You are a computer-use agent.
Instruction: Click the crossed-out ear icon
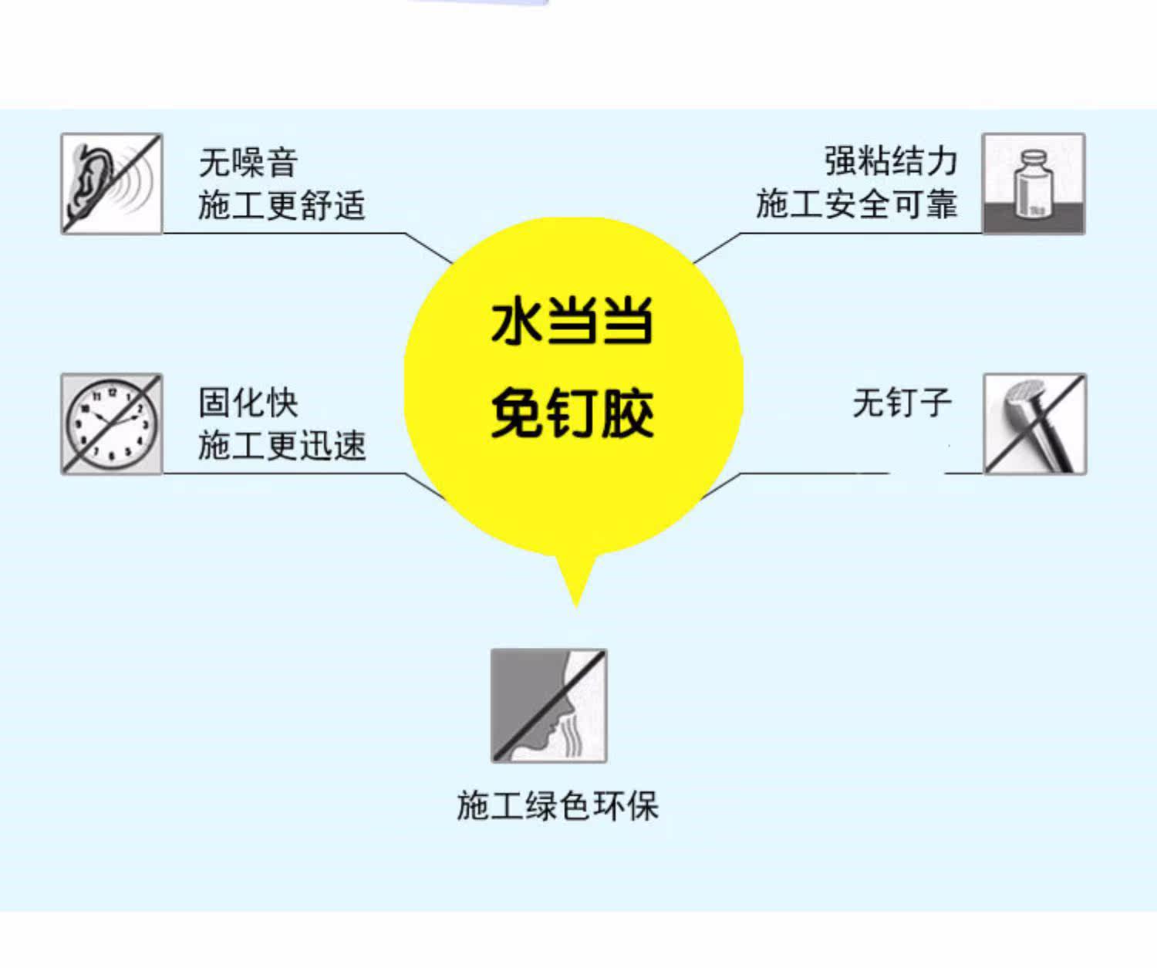(112, 184)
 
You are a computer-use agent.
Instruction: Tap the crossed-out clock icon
(112, 424)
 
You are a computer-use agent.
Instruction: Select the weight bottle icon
(1033, 184)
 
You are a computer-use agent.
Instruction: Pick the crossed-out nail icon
(1034, 424)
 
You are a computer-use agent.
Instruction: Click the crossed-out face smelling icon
(548, 706)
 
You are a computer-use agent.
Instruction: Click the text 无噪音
(248, 163)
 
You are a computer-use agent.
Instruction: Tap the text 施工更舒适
(282, 206)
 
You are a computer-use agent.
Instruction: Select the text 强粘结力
(891, 161)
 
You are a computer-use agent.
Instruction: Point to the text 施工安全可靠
(856, 204)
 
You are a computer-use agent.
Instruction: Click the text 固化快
(248, 403)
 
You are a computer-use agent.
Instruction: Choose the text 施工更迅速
(282, 446)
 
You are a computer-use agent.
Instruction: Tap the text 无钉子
(902, 403)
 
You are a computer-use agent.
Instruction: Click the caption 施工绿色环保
(558, 806)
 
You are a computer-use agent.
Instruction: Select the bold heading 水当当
(572, 322)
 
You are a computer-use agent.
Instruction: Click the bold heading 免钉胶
(572, 414)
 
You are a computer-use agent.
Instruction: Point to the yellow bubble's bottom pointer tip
(575, 605)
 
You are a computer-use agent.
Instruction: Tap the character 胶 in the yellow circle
(627, 414)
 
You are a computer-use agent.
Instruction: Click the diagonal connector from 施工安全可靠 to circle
(717, 248)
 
